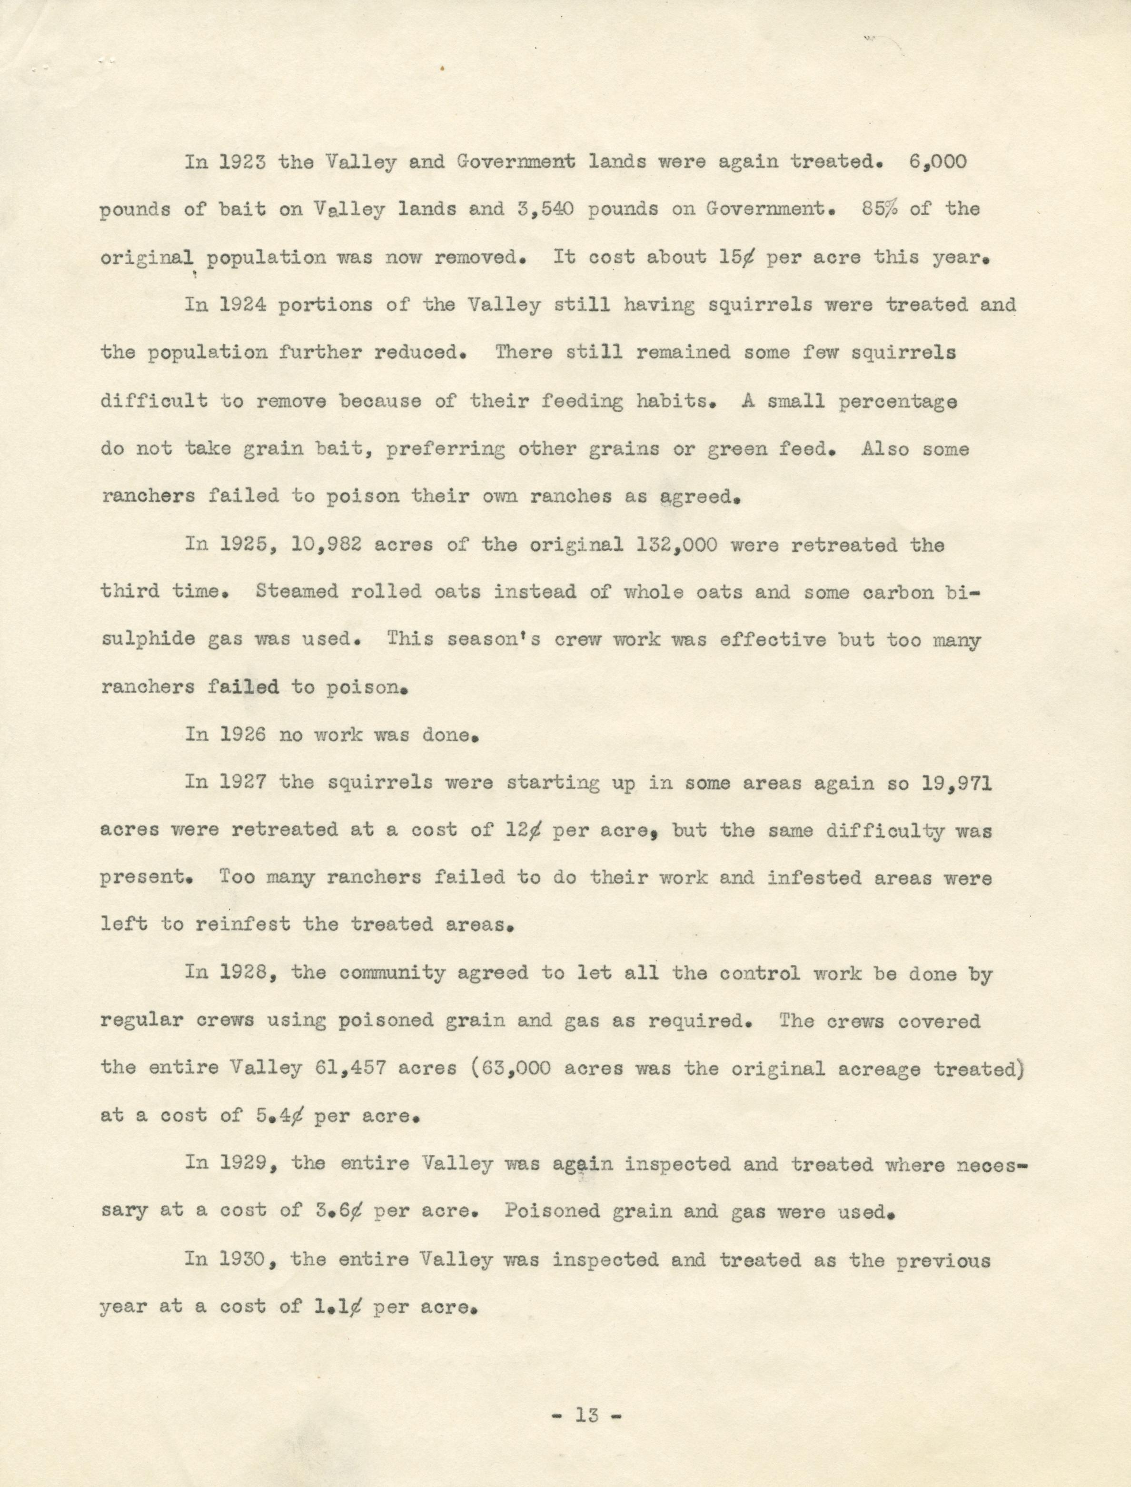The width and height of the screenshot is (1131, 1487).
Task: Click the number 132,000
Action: [676, 545]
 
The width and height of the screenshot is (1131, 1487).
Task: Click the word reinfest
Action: [242, 925]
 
